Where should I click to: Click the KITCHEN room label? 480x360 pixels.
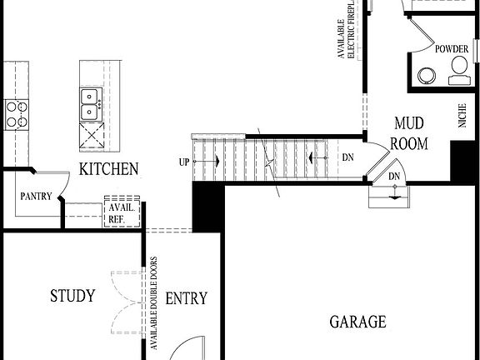tap(108, 169)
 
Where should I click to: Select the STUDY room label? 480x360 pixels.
tap(72, 296)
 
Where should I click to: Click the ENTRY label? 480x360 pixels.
tap(186, 299)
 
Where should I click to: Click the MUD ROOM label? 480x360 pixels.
tap(409, 133)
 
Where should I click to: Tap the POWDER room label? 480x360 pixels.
tap(450, 49)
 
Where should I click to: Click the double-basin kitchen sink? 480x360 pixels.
tap(88, 106)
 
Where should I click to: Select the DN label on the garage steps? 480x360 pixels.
tap(395, 177)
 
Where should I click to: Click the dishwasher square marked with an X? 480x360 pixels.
tap(89, 134)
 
